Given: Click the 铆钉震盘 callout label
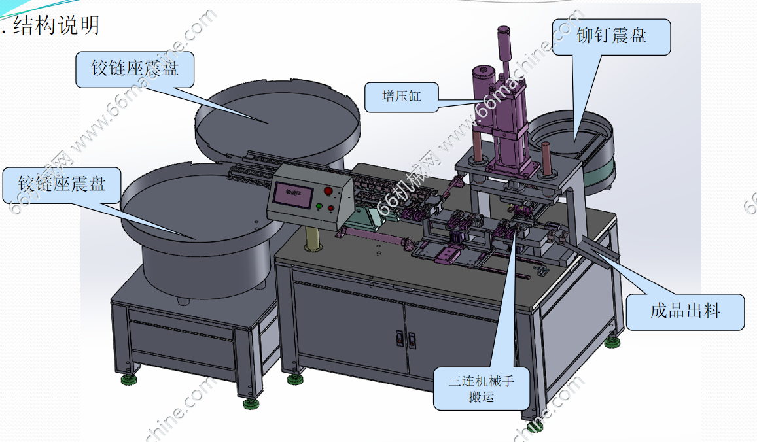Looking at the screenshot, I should (611, 36).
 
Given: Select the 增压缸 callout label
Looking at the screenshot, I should (402, 97).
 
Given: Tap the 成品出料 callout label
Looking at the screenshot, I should (684, 312).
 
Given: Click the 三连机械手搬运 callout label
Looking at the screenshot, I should (482, 388).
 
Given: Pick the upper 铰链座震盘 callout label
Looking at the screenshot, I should (135, 69).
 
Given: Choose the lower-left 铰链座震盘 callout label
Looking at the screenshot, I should (62, 184).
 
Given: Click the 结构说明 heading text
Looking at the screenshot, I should (56, 25).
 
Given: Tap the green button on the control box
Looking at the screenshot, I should (319, 207).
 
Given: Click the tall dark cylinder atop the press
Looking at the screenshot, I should (503, 47).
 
